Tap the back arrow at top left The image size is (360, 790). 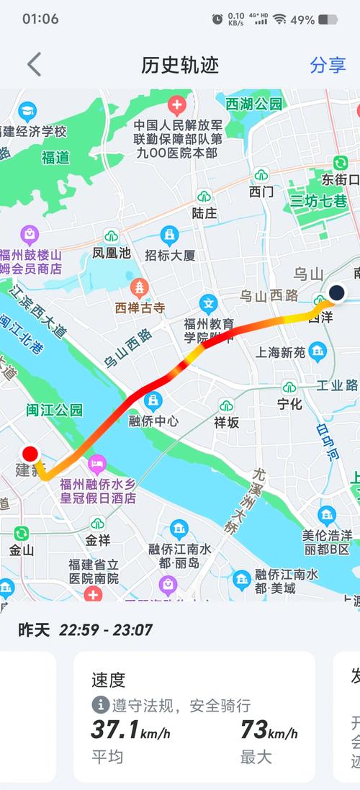[34, 64]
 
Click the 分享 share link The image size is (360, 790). [328, 65]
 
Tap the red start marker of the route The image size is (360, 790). [30, 454]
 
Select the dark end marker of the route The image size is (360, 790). [336, 292]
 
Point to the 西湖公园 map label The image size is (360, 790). [254, 104]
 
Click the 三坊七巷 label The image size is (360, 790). [318, 201]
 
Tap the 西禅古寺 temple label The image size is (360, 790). [140, 308]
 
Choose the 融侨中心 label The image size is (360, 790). [153, 421]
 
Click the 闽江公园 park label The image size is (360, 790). [55, 410]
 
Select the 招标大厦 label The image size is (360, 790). [170, 255]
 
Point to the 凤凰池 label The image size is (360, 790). [112, 253]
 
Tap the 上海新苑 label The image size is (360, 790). [281, 352]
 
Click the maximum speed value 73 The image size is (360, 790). [254, 730]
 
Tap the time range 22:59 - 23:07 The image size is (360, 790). [106, 630]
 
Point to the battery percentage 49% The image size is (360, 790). [302, 19]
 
